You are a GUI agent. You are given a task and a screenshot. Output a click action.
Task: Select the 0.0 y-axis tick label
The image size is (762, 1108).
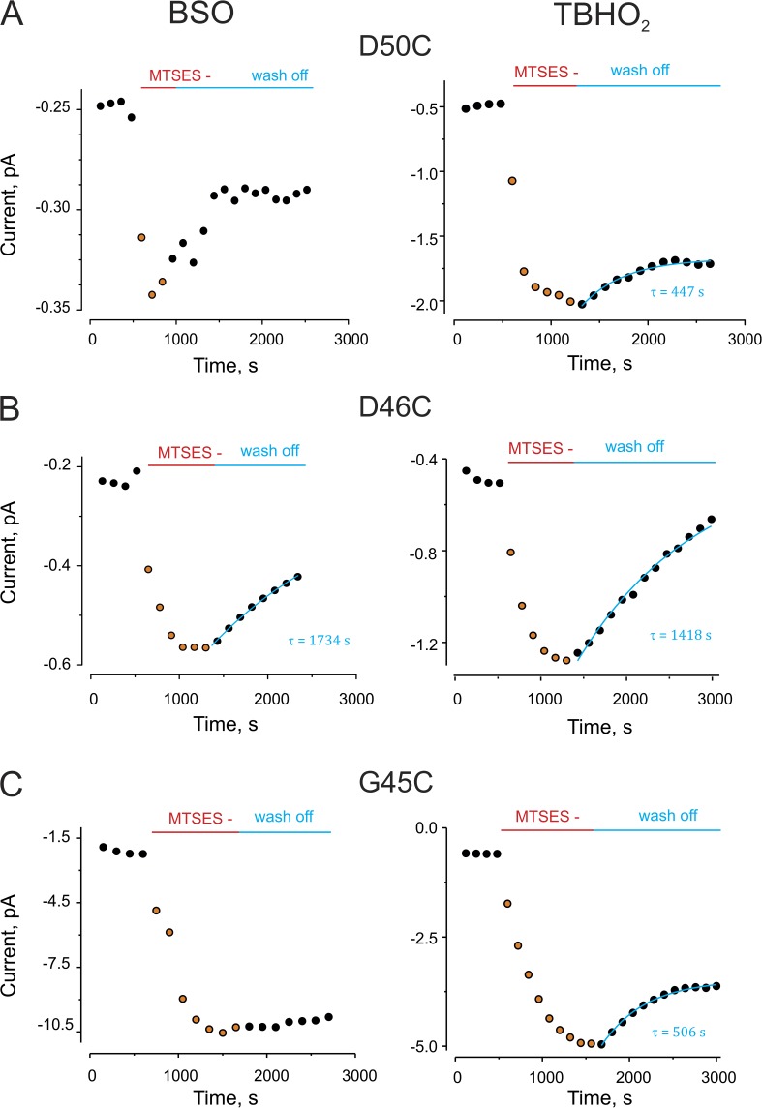point(431,828)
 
